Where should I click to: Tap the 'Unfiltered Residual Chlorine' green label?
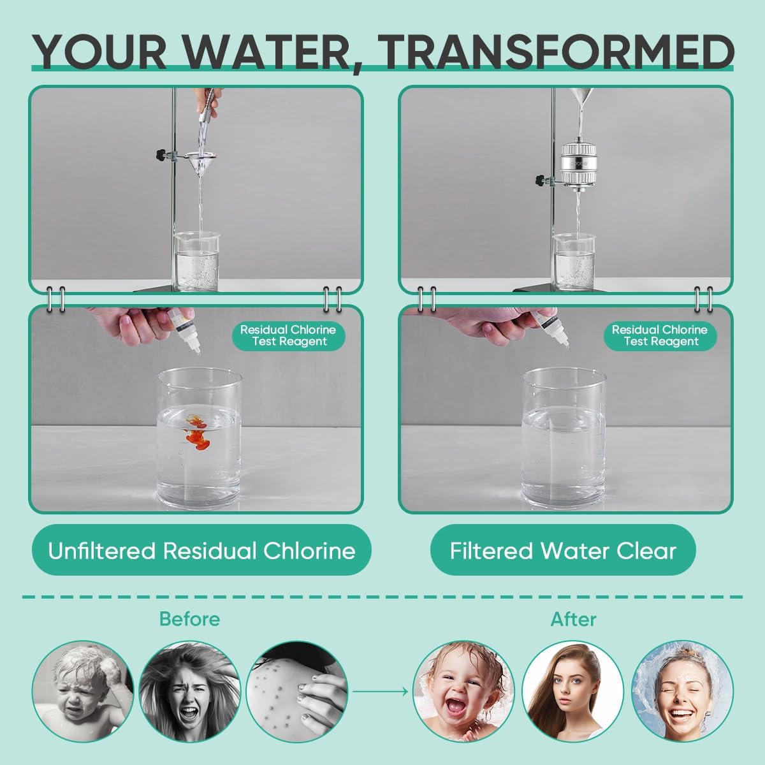201,550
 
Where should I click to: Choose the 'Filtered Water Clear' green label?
563,550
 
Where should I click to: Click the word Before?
189,619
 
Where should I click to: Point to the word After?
574,619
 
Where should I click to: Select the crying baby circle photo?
83,690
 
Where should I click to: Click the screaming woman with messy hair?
190,690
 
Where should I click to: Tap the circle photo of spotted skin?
297,690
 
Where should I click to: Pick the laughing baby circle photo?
464,690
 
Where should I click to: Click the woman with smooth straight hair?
572,690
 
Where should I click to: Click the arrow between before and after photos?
381,690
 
